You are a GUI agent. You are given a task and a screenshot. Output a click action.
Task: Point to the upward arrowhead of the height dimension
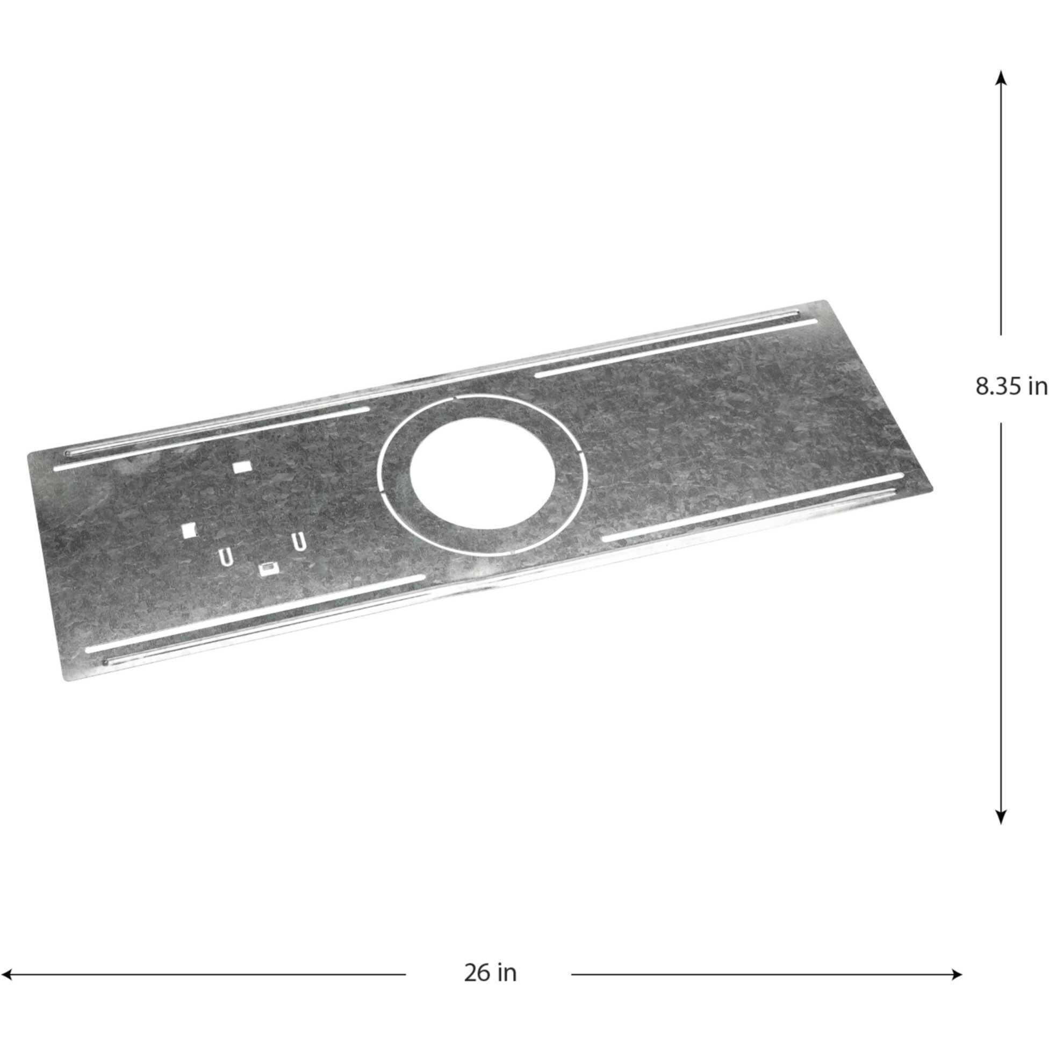1001,79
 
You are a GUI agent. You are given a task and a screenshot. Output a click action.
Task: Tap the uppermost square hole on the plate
240,467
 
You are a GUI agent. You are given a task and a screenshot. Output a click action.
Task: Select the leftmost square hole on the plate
188,529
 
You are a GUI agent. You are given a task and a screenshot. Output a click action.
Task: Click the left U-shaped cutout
226,557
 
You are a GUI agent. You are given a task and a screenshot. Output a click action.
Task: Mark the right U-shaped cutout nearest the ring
298,541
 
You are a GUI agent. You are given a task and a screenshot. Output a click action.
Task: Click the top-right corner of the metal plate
826,301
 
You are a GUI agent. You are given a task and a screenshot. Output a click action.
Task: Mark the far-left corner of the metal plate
28,452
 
